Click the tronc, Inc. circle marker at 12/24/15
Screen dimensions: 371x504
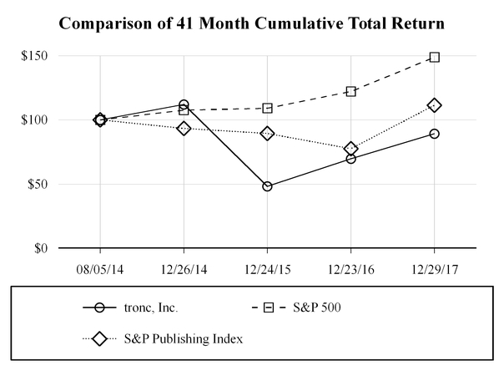tap(267, 186)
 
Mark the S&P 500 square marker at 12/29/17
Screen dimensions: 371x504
tap(434, 58)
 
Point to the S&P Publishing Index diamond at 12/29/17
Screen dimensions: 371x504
tap(434, 105)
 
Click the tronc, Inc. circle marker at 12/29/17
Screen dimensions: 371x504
tap(434, 134)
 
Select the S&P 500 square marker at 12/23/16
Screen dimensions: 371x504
tap(350, 91)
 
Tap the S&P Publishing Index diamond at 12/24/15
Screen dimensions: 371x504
tap(267, 133)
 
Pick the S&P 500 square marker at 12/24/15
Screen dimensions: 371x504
tap(267, 108)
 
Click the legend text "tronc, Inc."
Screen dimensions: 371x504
tap(149, 307)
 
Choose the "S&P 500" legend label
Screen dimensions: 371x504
tap(322, 307)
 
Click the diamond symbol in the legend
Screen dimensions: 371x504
tap(100, 339)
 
